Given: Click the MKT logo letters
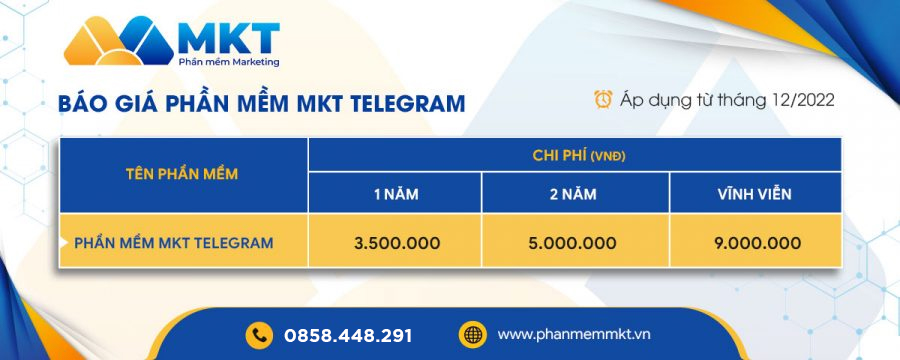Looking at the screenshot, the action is coord(228,38).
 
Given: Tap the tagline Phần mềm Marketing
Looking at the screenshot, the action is coord(229,62).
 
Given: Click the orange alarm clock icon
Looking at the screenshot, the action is coord(603,99).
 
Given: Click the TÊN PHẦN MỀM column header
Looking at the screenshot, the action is coord(182,174).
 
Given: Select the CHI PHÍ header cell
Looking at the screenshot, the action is coord(575,155).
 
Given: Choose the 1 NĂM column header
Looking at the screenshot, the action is coord(396,195).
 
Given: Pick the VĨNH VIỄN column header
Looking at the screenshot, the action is coord(754,194).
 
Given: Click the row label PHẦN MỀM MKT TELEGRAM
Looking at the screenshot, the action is coord(174,243).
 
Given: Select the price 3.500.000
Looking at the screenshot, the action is coord(397,243).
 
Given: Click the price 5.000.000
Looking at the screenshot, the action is coord(573,243).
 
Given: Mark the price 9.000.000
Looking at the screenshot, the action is coord(758,243).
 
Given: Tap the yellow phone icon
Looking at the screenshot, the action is coord(259,335).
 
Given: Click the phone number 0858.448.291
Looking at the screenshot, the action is coord(348,336).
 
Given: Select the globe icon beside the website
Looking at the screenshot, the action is coord(472,335).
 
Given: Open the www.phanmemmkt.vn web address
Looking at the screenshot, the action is coord(574,334).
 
